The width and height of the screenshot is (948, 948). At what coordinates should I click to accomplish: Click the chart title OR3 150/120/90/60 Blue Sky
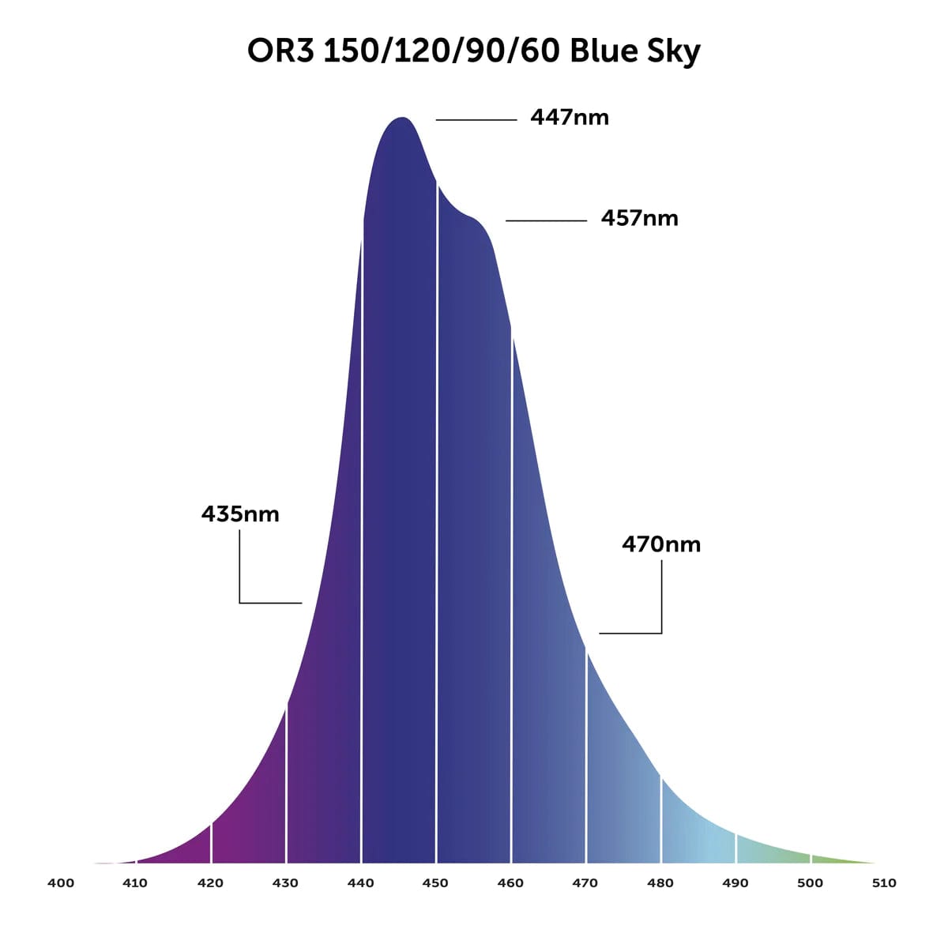coord(474,52)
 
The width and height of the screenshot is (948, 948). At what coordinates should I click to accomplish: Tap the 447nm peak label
coord(570,118)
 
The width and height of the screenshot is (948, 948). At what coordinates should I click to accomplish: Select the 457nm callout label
coord(639,218)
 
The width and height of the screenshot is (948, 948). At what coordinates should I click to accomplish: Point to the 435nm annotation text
coord(240,514)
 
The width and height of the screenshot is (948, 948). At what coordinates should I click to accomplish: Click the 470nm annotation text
coord(661,544)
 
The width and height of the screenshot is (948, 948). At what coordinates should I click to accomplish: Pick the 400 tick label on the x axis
coord(61,883)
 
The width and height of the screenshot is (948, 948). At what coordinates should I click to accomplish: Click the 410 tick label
coord(135,883)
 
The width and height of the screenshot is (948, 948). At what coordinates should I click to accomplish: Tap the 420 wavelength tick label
coord(210,883)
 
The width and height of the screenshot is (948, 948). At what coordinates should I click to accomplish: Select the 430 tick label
coord(285,883)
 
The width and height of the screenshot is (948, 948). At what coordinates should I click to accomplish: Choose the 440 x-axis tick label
coord(360,883)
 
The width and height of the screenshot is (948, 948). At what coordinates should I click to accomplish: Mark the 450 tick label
coord(435,883)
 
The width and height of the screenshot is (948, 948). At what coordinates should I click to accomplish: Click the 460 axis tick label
coord(510,883)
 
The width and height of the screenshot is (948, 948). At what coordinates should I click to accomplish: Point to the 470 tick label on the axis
coord(585,883)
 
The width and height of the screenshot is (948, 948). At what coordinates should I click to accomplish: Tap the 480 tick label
coord(660,883)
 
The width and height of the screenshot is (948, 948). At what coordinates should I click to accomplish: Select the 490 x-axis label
coord(735,883)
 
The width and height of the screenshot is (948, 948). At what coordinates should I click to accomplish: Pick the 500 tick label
coord(810,883)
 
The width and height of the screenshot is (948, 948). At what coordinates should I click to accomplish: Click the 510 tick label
coord(884,883)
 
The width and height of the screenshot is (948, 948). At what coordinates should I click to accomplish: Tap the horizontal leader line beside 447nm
coord(476,120)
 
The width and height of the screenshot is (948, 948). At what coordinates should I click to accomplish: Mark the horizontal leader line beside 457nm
coord(546,220)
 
